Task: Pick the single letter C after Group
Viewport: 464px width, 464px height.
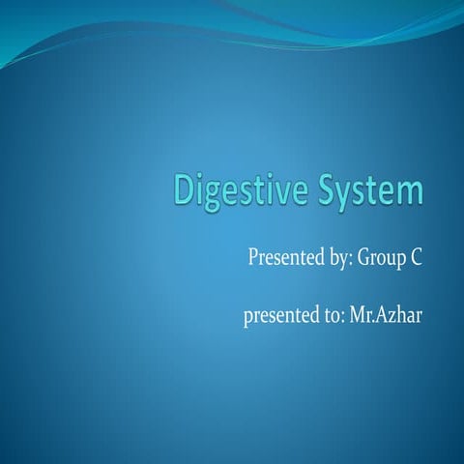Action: coord(418,258)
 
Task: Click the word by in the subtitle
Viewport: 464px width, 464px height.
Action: coord(338,259)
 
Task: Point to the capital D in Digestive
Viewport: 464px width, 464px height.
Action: coord(185,189)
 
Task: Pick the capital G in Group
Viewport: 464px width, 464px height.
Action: coord(364,257)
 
